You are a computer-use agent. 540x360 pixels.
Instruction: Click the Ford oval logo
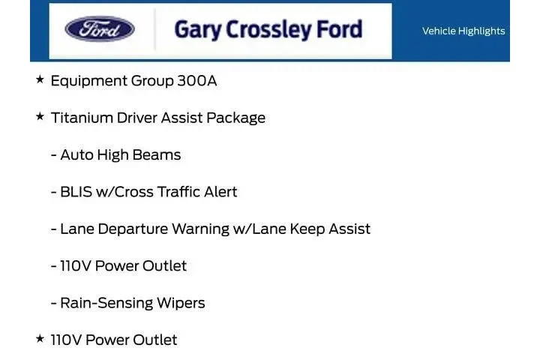click(100, 29)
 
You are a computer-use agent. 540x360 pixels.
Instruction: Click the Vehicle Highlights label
click(463, 31)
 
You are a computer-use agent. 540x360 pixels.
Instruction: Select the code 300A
click(197, 81)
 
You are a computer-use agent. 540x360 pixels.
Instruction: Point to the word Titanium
click(82, 118)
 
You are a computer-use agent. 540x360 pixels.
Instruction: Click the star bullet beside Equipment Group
click(40, 79)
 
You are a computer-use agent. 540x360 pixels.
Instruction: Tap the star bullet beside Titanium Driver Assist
click(40, 116)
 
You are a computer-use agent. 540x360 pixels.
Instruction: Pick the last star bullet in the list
click(40, 339)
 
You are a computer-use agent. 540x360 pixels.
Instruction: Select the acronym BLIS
click(77, 192)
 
